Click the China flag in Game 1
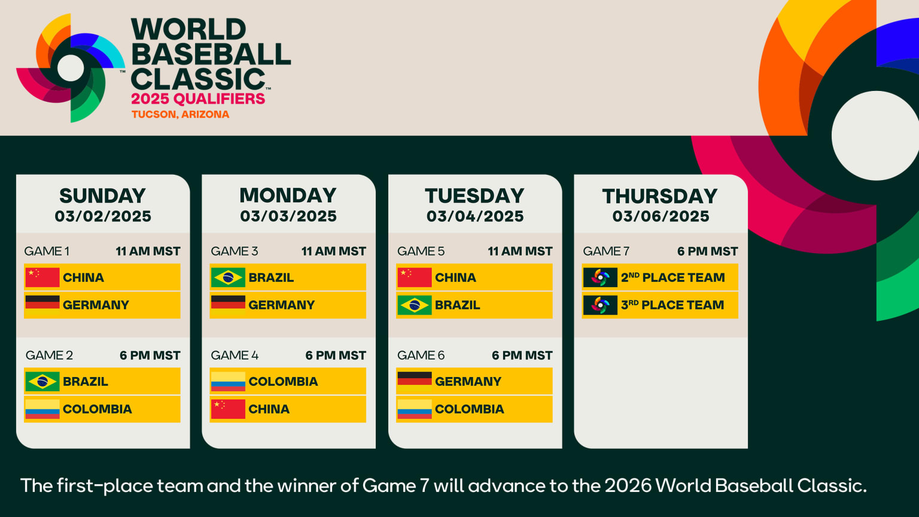click(42, 278)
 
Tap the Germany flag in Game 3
click(228, 305)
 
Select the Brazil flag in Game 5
click(414, 305)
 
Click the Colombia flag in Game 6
click(414, 409)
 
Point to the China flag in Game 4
click(228, 409)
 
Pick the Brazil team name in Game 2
click(86, 382)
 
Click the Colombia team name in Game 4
click(283, 382)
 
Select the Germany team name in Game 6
click(468, 382)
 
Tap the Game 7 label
click(606, 251)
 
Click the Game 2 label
click(49, 355)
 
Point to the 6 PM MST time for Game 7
click(707, 251)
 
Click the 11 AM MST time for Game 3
click(333, 251)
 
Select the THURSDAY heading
click(660, 196)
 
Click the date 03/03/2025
click(288, 217)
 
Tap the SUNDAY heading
click(102, 196)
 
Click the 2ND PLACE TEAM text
click(672, 278)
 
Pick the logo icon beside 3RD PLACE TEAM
click(600, 305)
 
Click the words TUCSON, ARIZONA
click(180, 114)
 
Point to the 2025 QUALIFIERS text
click(198, 99)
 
